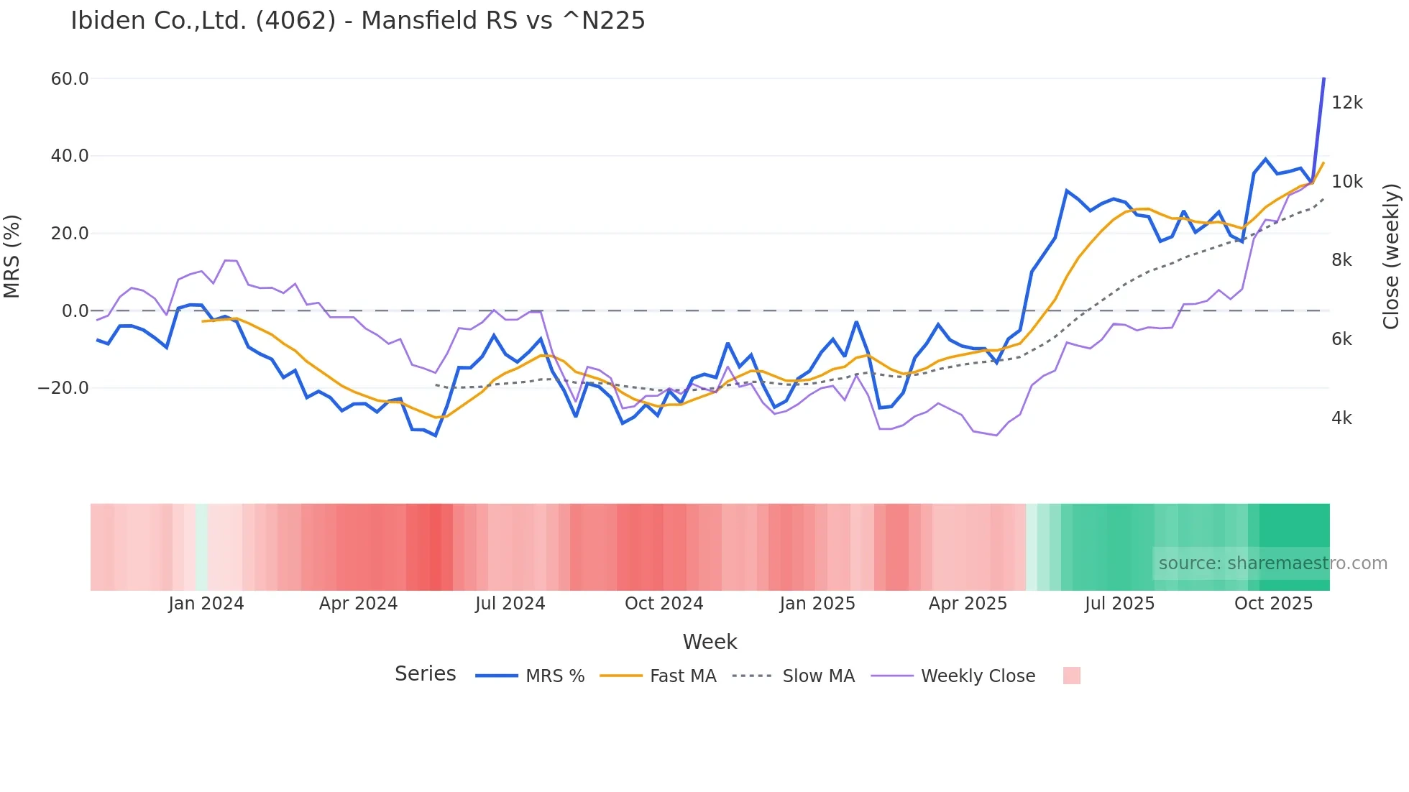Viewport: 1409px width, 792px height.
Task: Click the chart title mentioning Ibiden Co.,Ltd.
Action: click(357, 21)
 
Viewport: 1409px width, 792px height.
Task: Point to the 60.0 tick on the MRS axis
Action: click(70, 79)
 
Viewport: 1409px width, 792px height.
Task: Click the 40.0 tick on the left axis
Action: click(70, 156)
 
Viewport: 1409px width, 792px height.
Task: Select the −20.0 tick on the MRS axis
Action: click(63, 388)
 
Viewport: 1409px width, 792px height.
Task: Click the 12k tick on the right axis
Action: click(1346, 103)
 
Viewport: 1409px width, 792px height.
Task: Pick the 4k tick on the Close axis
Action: click(1341, 418)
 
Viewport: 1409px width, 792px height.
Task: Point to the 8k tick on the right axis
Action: click(1341, 260)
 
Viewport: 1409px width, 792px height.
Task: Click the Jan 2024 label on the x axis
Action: click(206, 604)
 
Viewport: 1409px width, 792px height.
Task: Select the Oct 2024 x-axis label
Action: click(664, 604)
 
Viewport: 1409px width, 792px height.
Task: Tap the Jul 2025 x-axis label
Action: click(1119, 604)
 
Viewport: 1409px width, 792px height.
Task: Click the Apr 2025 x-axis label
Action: click(968, 604)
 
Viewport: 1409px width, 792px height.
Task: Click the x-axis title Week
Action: click(710, 642)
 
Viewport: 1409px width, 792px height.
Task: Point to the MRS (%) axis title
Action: click(12, 256)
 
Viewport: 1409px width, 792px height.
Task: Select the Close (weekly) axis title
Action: click(1392, 256)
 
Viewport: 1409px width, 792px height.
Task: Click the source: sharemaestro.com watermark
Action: click(1272, 563)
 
